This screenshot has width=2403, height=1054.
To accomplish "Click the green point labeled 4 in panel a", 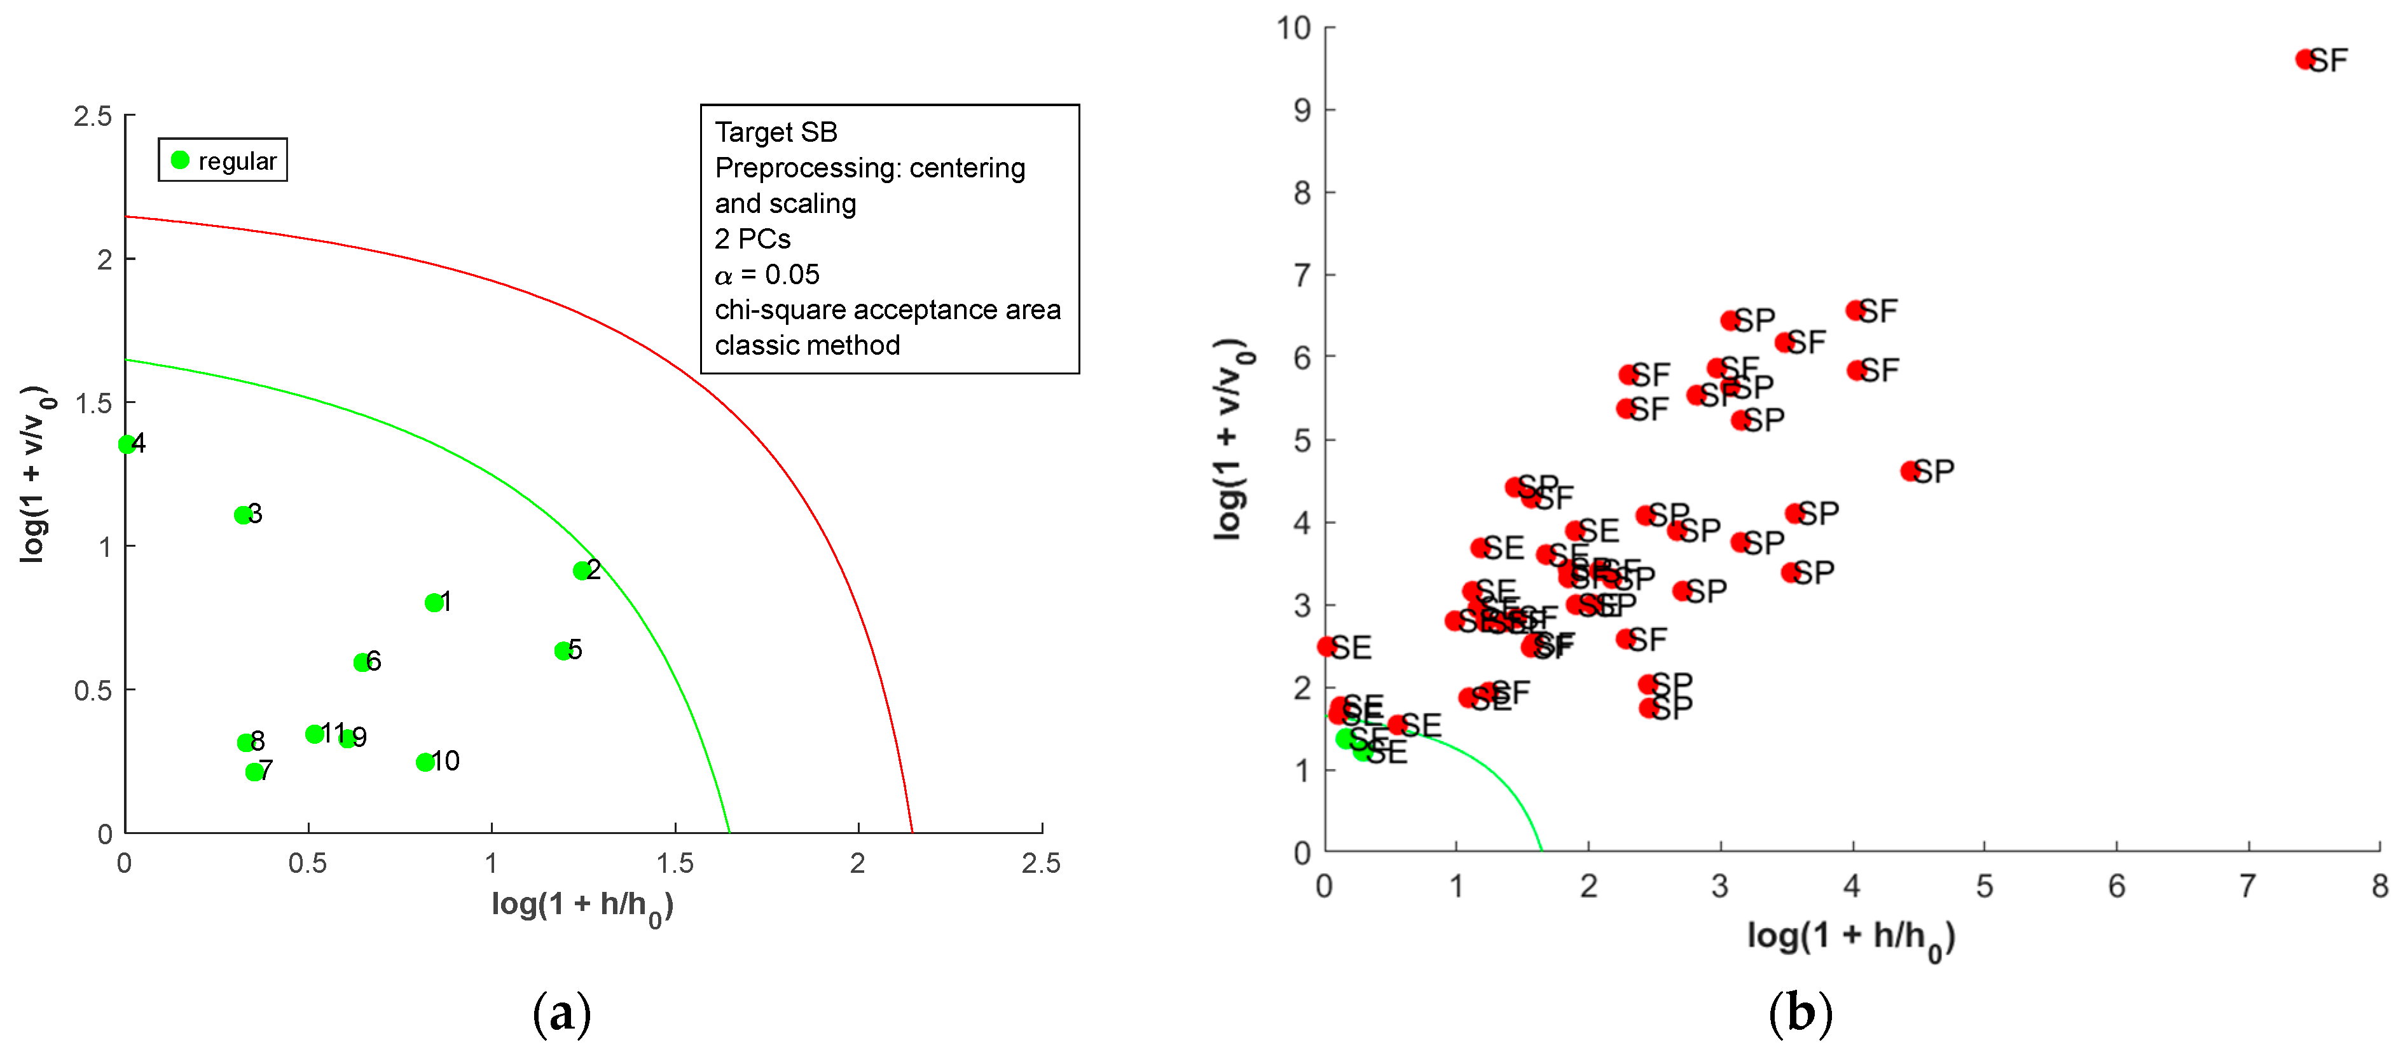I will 127,444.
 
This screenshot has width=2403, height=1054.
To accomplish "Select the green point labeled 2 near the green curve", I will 582,570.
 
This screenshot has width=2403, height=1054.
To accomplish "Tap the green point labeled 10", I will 424,762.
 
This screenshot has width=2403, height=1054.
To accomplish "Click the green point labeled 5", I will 563,650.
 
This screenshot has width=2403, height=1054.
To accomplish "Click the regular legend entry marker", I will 180,160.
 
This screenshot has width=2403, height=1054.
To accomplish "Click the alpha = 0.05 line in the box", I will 767,274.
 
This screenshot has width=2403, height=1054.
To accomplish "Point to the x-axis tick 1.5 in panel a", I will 675,863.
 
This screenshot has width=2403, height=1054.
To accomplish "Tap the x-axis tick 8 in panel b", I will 2379,885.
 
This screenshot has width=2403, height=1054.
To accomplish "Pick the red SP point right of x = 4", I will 1910,471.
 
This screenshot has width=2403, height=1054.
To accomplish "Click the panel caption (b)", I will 1800,1012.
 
